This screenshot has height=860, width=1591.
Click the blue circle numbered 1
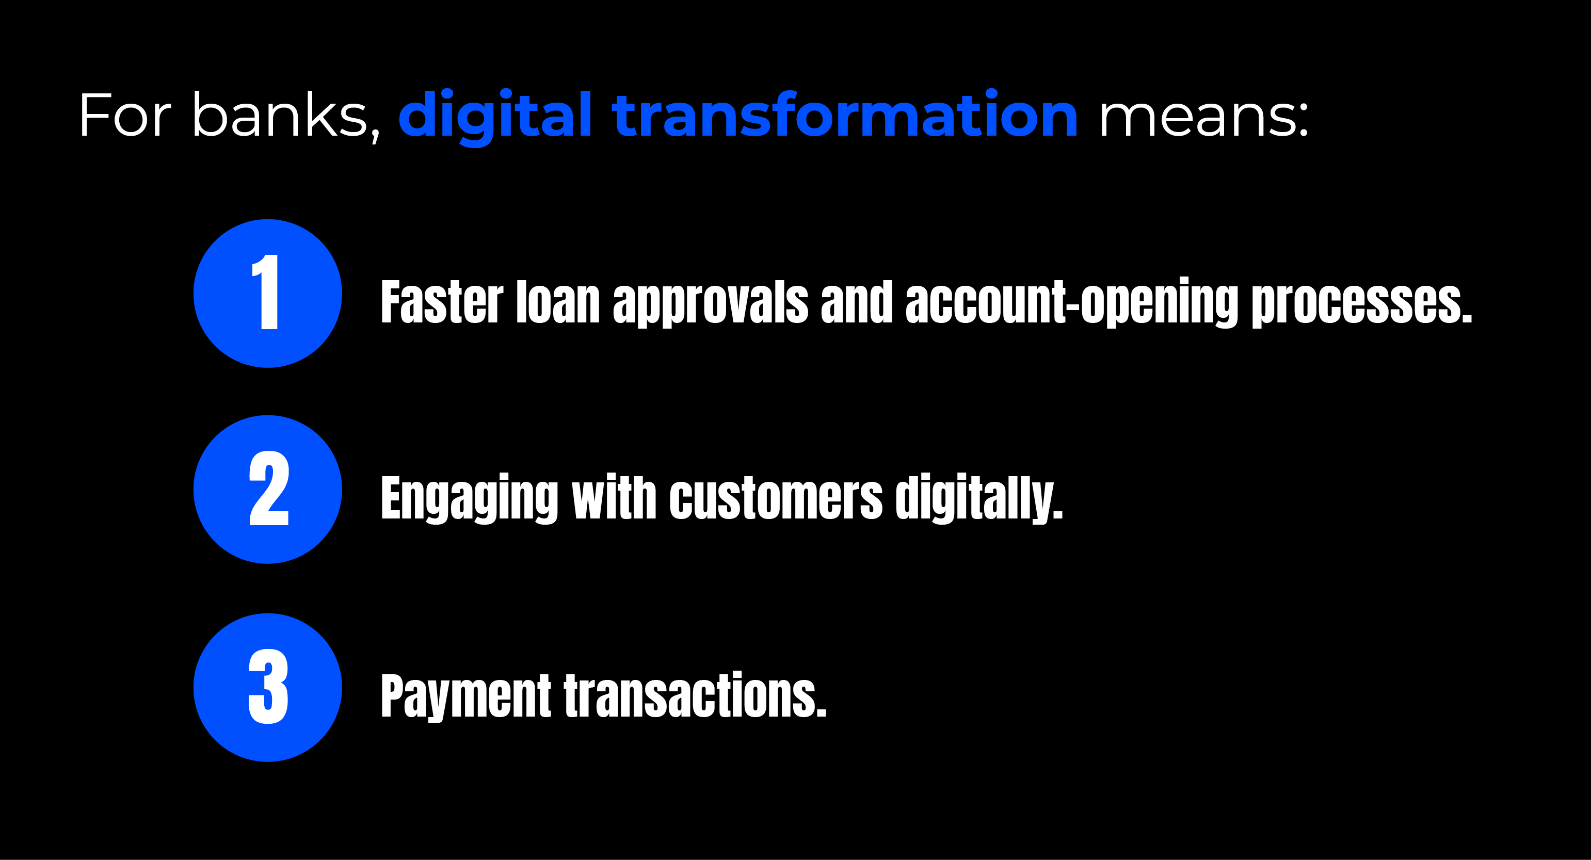pyautogui.click(x=267, y=293)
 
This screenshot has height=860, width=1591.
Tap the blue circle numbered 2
pyautogui.click(x=267, y=490)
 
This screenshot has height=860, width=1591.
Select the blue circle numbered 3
pyautogui.click(x=267, y=687)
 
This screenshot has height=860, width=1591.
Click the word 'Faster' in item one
pyautogui.click(x=442, y=302)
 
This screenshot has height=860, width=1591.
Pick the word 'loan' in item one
pyautogui.click(x=558, y=302)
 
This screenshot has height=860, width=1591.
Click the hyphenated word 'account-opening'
pyautogui.click(x=1071, y=302)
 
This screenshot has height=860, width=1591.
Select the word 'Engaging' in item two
pyautogui.click(x=470, y=499)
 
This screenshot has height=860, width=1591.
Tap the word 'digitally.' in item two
pyautogui.click(x=979, y=499)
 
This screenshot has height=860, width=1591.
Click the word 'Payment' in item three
pyautogui.click(x=465, y=697)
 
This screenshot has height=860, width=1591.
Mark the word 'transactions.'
pyautogui.click(x=695, y=694)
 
